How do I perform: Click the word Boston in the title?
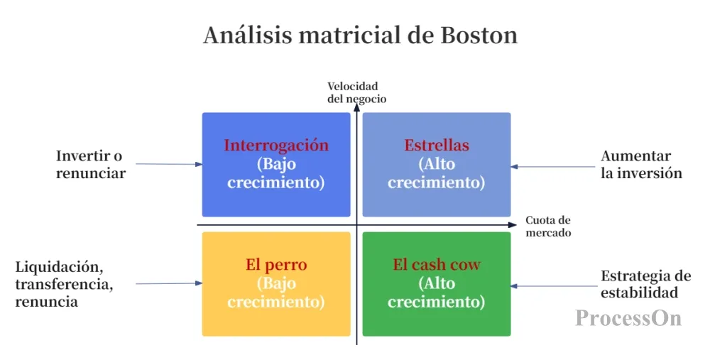(x=479, y=35)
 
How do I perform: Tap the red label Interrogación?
(x=276, y=145)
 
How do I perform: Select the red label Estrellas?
(x=437, y=145)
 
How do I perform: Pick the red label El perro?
(x=276, y=264)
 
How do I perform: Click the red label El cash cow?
(x=437, y=264)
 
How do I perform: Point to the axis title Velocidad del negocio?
(x=357, y=92)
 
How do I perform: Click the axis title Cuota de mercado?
(x=548, y=227)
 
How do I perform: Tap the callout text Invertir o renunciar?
(x=91, y=164)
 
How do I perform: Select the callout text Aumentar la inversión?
(x=641, y=164)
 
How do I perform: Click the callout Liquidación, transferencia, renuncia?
(x=64, y=284)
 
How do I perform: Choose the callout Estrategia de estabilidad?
(x=645, y=284)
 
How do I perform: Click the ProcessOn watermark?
(x=628, y=317)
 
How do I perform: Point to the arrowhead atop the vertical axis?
(x=357, y=107)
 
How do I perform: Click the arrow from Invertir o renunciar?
(x=169, y=164)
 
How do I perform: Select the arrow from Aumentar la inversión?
(x=553, y=167)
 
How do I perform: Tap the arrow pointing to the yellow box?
(x=169, y=283)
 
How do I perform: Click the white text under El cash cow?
(x=437, y=292)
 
